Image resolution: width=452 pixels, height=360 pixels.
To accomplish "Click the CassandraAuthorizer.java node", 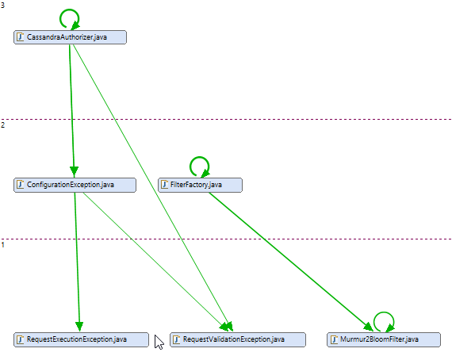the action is coord(70,37).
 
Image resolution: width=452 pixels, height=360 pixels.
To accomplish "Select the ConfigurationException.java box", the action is coord(75,185).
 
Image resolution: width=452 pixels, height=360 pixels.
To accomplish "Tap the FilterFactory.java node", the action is coord(200,185).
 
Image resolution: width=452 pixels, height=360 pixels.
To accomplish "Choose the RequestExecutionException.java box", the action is coord(82,339).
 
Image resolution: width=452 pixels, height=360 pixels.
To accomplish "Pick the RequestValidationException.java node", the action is coord(238,339).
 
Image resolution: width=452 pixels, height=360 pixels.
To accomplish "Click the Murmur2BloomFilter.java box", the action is coord(384,339).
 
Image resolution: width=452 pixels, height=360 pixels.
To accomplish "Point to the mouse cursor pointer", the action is coord(159,342).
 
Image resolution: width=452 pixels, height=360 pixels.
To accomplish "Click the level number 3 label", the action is coord(2,6).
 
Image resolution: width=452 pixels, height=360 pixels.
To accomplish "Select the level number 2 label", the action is coord(2,125).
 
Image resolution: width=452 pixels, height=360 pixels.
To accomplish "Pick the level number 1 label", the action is coord(2,245).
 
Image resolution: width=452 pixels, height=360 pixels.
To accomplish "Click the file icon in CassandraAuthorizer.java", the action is coord(20,37).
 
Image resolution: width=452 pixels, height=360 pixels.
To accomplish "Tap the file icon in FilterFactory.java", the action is coord(164,185).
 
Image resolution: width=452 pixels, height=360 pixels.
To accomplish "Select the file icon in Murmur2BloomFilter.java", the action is coord(334,339).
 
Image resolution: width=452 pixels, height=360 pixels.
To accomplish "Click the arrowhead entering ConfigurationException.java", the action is coord(74,172).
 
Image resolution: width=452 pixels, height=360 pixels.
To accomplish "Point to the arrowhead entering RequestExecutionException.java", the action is coord(79,327).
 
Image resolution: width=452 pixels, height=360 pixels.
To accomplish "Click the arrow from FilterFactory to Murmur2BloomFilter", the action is coord(291,262).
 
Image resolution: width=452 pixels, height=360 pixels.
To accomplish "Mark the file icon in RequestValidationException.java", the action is coord(177,339).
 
